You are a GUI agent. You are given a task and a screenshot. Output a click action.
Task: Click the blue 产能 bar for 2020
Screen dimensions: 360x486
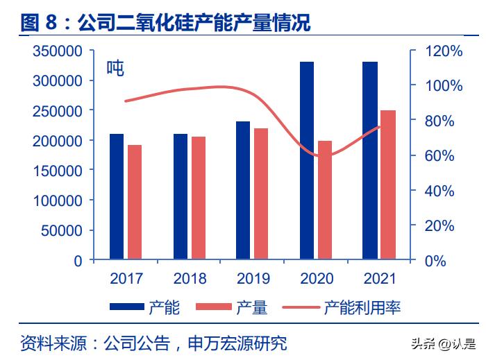306,161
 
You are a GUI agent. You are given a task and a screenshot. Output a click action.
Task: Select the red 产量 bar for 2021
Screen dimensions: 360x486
388,185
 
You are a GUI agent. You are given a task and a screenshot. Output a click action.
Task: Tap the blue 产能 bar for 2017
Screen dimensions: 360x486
117,197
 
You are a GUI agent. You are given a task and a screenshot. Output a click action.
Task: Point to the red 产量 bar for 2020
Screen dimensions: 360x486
325,200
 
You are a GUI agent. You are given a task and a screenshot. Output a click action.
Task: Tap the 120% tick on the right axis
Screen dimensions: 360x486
443,51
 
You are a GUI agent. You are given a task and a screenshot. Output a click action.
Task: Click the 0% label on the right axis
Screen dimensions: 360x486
436,261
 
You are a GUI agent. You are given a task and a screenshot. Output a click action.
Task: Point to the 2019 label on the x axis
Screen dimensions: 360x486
253,279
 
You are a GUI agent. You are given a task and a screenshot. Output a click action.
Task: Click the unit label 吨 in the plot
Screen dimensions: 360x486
115,69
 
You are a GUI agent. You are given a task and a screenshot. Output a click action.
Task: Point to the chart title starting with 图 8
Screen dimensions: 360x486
165,23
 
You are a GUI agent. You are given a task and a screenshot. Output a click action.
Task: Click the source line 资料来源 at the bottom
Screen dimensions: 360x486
153,343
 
